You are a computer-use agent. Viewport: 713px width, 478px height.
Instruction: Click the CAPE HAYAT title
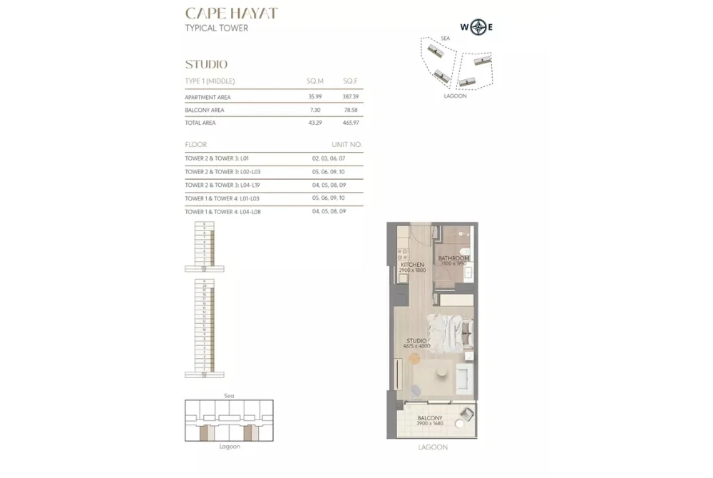click(231, 13)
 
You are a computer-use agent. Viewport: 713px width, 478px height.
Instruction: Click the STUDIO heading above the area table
click(206, 64)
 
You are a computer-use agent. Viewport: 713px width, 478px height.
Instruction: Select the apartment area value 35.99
click(314, 97)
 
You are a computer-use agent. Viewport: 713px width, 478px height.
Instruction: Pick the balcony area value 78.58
click(350, 110)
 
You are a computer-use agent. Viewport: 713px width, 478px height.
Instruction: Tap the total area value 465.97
click(350, 123)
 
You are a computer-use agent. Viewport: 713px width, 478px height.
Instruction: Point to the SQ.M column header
click(314, 81)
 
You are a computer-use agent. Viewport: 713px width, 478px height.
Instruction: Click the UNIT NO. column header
click(347, 145)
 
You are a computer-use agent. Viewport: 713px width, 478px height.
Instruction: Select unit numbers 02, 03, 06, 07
click(328, 158)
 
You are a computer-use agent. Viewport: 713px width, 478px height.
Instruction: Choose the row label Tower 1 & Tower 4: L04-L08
click(222, 211)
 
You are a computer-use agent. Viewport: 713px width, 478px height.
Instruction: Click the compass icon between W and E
click(477, 28)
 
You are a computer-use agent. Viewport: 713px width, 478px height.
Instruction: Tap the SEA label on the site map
click(445, 38)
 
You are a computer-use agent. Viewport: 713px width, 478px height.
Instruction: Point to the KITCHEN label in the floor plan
click(412, 265)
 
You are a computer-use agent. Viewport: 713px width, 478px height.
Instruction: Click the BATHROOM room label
click(453, 258)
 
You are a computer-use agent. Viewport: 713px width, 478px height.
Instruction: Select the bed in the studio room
click(451, 332)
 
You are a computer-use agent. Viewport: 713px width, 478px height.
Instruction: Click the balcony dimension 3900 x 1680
click(430, 424)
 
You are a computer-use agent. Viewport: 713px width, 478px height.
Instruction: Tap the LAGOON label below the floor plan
click(433, 447)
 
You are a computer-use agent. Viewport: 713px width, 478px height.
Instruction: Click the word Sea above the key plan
click(229, 395)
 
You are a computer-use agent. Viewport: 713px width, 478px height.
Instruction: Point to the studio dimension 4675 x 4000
click(416, 347)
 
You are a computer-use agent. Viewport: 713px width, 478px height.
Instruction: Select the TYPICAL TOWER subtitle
click(217, 29)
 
